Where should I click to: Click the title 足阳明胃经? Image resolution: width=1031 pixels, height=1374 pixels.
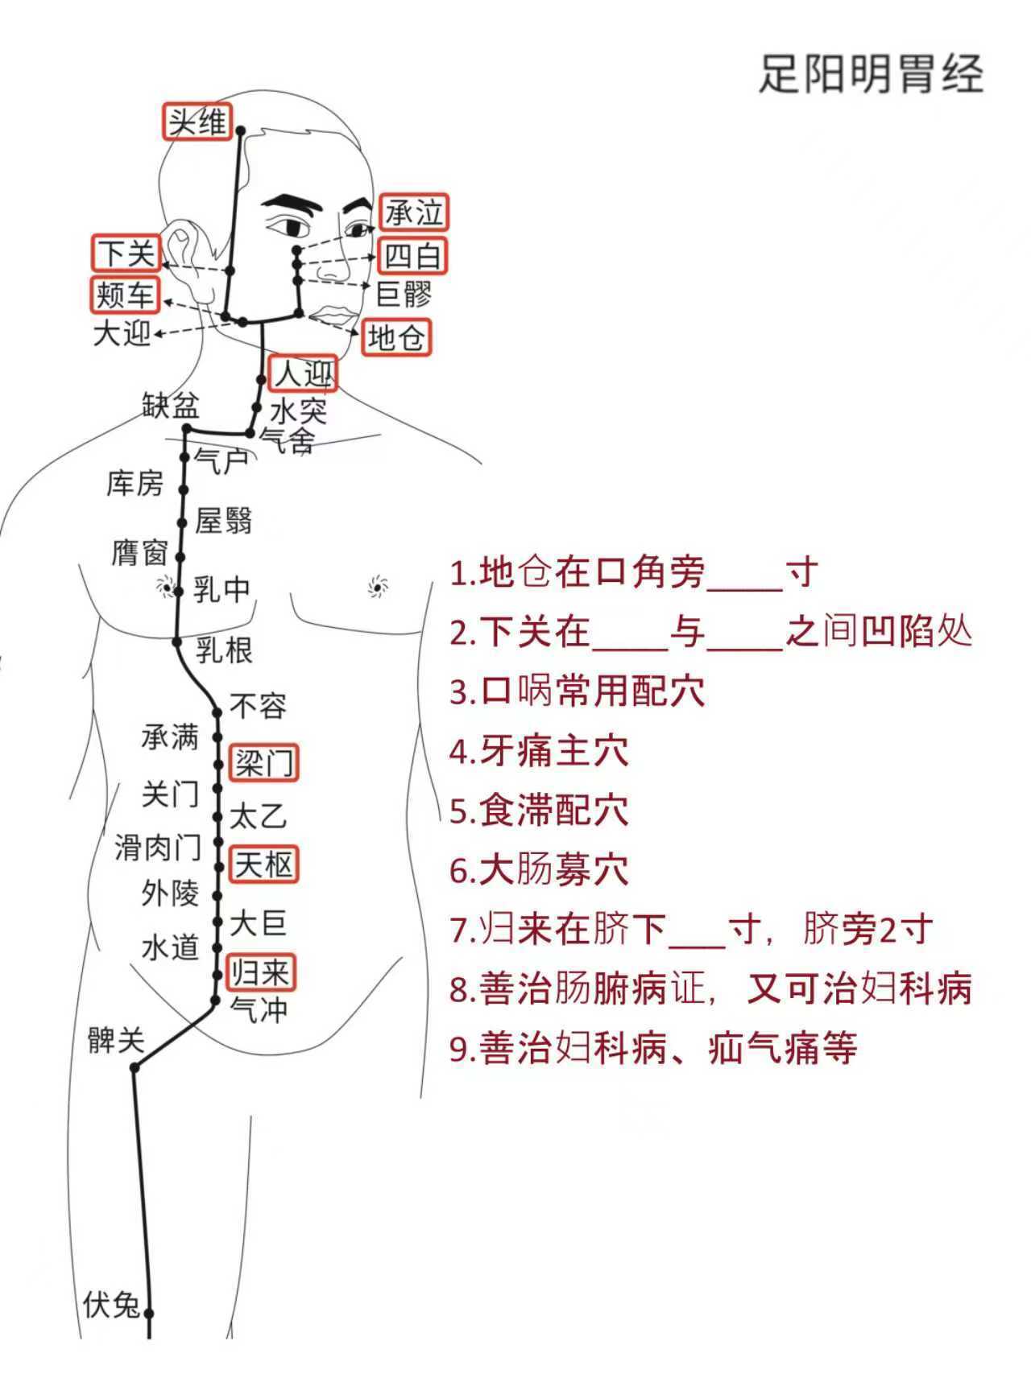coord(871,74)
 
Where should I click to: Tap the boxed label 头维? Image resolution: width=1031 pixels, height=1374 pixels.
coord(197,122)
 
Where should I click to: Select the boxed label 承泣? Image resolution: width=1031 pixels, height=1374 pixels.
coord(414,213)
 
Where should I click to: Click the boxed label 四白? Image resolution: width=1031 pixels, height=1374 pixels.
coord(412,256)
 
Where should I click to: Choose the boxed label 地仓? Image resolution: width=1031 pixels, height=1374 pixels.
coord(395,338)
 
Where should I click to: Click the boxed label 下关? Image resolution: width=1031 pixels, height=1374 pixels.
coord(126,254)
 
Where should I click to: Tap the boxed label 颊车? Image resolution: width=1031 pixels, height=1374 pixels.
coord(125,295)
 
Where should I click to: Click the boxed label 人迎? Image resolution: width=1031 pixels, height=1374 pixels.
coord(302,373)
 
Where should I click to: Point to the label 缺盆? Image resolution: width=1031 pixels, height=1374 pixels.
coord(171,406)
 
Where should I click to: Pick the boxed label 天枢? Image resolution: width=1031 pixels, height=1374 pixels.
coord(263,865)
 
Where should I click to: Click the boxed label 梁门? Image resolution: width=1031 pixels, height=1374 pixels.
coord(264,762)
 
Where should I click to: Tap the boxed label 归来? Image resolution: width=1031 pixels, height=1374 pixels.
coord(260,972)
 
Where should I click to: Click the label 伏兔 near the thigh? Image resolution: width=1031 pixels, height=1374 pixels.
coord(111,1305)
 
